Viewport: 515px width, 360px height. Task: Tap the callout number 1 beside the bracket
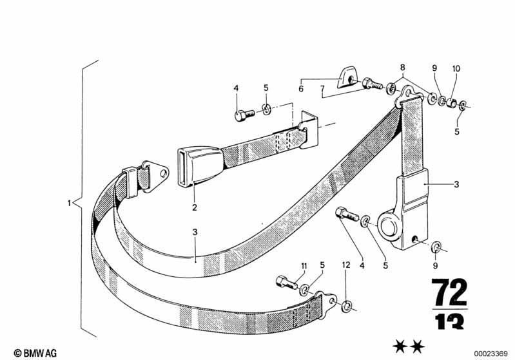click(x=69, y=203)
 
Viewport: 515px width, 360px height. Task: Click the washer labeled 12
click(x=347, y=306)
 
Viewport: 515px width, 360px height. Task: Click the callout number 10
click(x=456, y=69)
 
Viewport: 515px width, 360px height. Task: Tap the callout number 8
click(x=402, y=68)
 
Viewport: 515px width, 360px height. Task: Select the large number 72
click(x=450, y=292)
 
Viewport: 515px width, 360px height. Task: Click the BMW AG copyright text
click(x=35, y=353)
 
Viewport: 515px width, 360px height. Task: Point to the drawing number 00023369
click(x=491, y=354)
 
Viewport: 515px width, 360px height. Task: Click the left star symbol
click(x=400, y=347)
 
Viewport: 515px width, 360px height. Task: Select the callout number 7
click(x=322, y=89)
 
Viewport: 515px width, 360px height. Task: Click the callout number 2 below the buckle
click(x=195, y=207)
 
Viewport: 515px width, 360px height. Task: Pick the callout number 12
click(x=346, y=265)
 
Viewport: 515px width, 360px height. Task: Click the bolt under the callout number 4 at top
click(x=244, y=115)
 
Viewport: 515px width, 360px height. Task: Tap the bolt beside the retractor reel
click(x=346, y=214)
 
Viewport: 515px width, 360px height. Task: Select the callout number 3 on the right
click(x=456, y=184)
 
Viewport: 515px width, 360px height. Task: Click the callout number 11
click(x=304, y=266)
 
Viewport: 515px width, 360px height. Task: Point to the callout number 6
click(x=301, y=89)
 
